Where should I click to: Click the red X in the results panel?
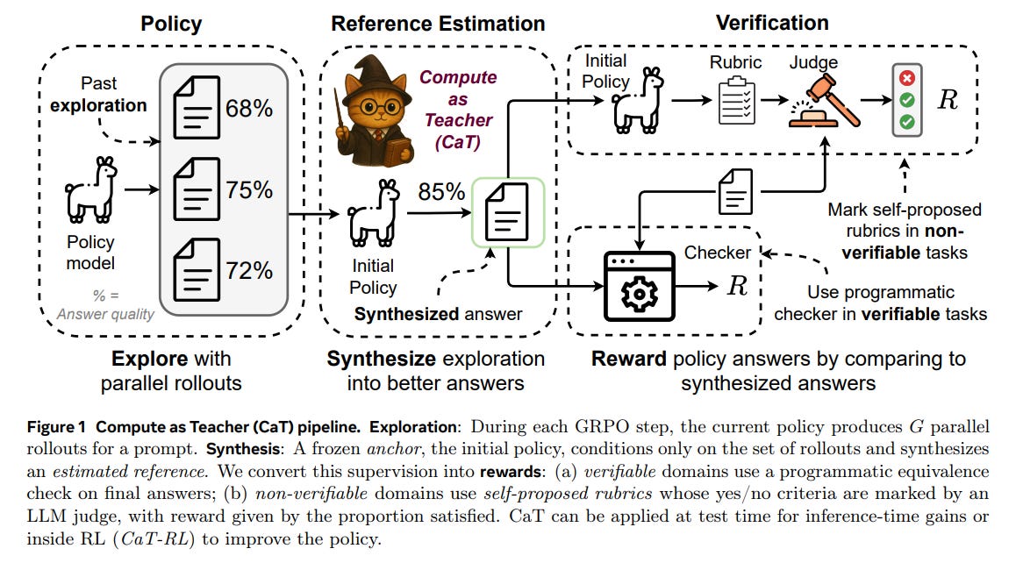[907, 78]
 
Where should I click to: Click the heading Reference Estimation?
[438, 24]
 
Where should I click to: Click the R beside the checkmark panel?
[948, 99]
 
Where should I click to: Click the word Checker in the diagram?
[718, 253]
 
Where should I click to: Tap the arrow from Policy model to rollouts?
[140, 188]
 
